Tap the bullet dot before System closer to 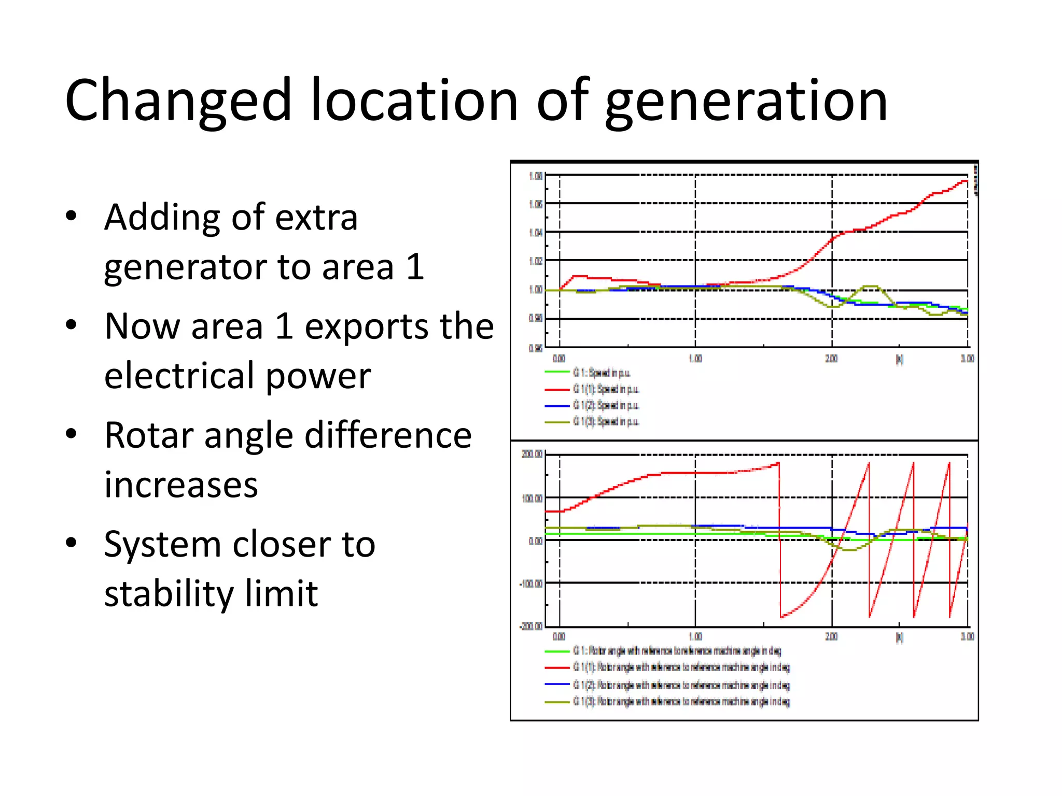pyautogui.click(x=72, y=543)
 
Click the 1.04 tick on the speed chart pyautogui.click(x=535, y=233)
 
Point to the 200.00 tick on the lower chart pyautogui.click(x=532, y=454)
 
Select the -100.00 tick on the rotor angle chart pyautogui.click(x=530, y=584)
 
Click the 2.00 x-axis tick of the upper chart pyautogui.click(x=831, y=359)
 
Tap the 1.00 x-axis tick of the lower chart pyautogui.click(x=695, y=636)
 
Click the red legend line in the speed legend pyautogui.click(x=557, y=389)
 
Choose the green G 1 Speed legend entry pyautogui.click(x=602, y=373)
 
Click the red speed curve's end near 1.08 pyautogui.click(x=965, y=181)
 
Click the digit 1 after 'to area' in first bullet pyautogui.click(x=415, y=267)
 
